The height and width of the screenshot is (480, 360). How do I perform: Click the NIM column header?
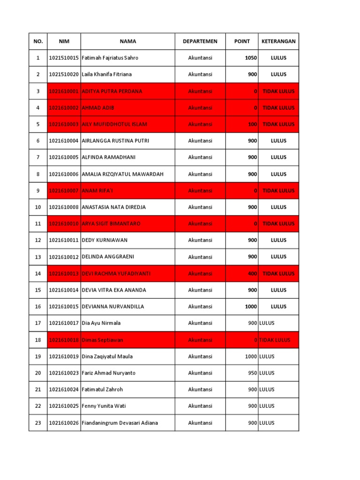point(64,41)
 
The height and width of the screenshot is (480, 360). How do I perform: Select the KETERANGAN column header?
point(278,41)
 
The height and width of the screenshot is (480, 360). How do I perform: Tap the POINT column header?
point(242,41)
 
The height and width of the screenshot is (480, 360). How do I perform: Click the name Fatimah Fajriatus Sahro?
point(110,58)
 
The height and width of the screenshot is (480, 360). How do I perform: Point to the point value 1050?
point(251,58)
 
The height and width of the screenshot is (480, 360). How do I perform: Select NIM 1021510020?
point(64,75)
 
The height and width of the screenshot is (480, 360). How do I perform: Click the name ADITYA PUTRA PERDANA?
point(112,91)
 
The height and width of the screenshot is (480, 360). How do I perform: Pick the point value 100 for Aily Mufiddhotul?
point(253,124)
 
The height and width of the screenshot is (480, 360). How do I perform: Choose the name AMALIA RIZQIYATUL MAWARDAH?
point(122,174)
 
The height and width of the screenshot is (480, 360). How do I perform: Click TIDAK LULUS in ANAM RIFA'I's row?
point(278,191)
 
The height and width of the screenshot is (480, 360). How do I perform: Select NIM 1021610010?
point(64,224)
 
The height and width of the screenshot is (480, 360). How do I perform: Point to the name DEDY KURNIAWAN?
point(105,240)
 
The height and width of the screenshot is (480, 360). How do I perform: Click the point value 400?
point(253,274)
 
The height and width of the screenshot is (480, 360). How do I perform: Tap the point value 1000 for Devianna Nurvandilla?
point(251,307)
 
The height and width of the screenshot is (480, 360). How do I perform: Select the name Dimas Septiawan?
point(103,340)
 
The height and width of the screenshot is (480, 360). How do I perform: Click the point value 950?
point(253,373)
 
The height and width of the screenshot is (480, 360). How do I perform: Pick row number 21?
point(38,390)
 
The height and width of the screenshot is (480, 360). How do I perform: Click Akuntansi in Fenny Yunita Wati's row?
point(200,406)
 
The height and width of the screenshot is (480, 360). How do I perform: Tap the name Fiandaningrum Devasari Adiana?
point(120,423)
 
